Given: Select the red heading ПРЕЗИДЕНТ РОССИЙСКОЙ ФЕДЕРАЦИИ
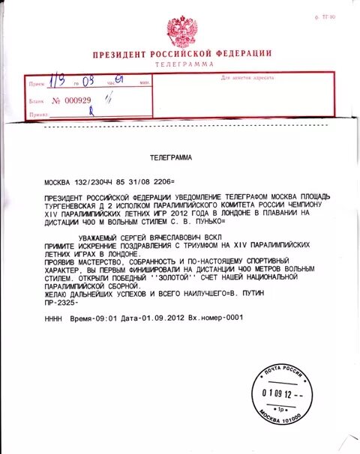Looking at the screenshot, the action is click(x=181, y=55).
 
